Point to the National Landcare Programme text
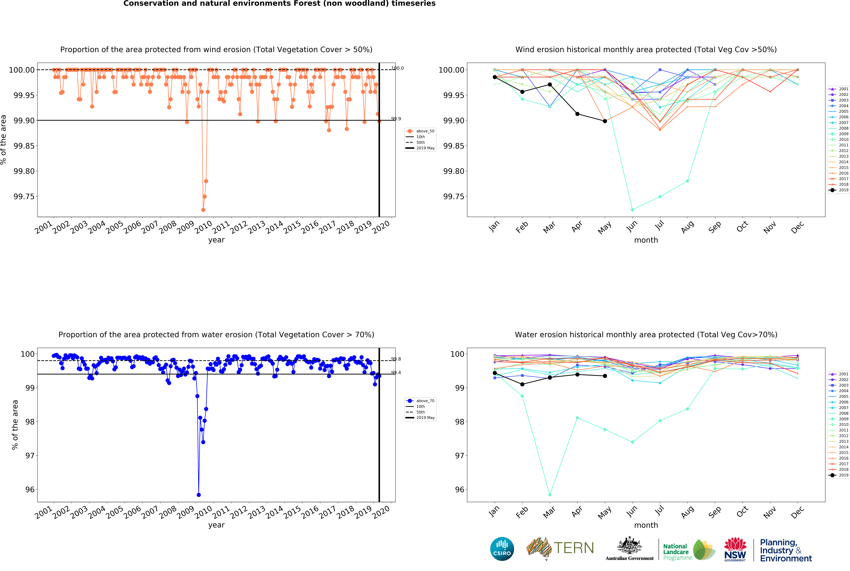[677, 552]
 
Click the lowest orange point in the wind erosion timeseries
[203, 210]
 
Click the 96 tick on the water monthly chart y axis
[460, 489]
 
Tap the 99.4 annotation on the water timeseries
[396, 373]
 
